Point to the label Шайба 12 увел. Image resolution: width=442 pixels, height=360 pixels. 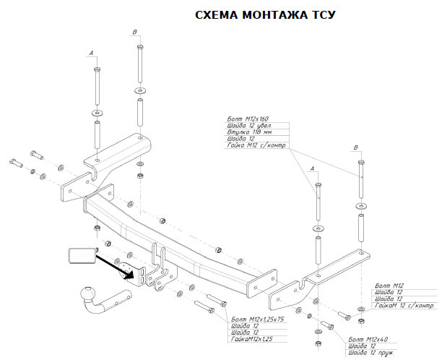[246, 127]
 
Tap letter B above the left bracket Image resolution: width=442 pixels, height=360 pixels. [135, 32]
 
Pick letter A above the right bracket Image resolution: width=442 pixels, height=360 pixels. [313, 168]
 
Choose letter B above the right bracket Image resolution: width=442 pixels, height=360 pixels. [355, 147]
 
